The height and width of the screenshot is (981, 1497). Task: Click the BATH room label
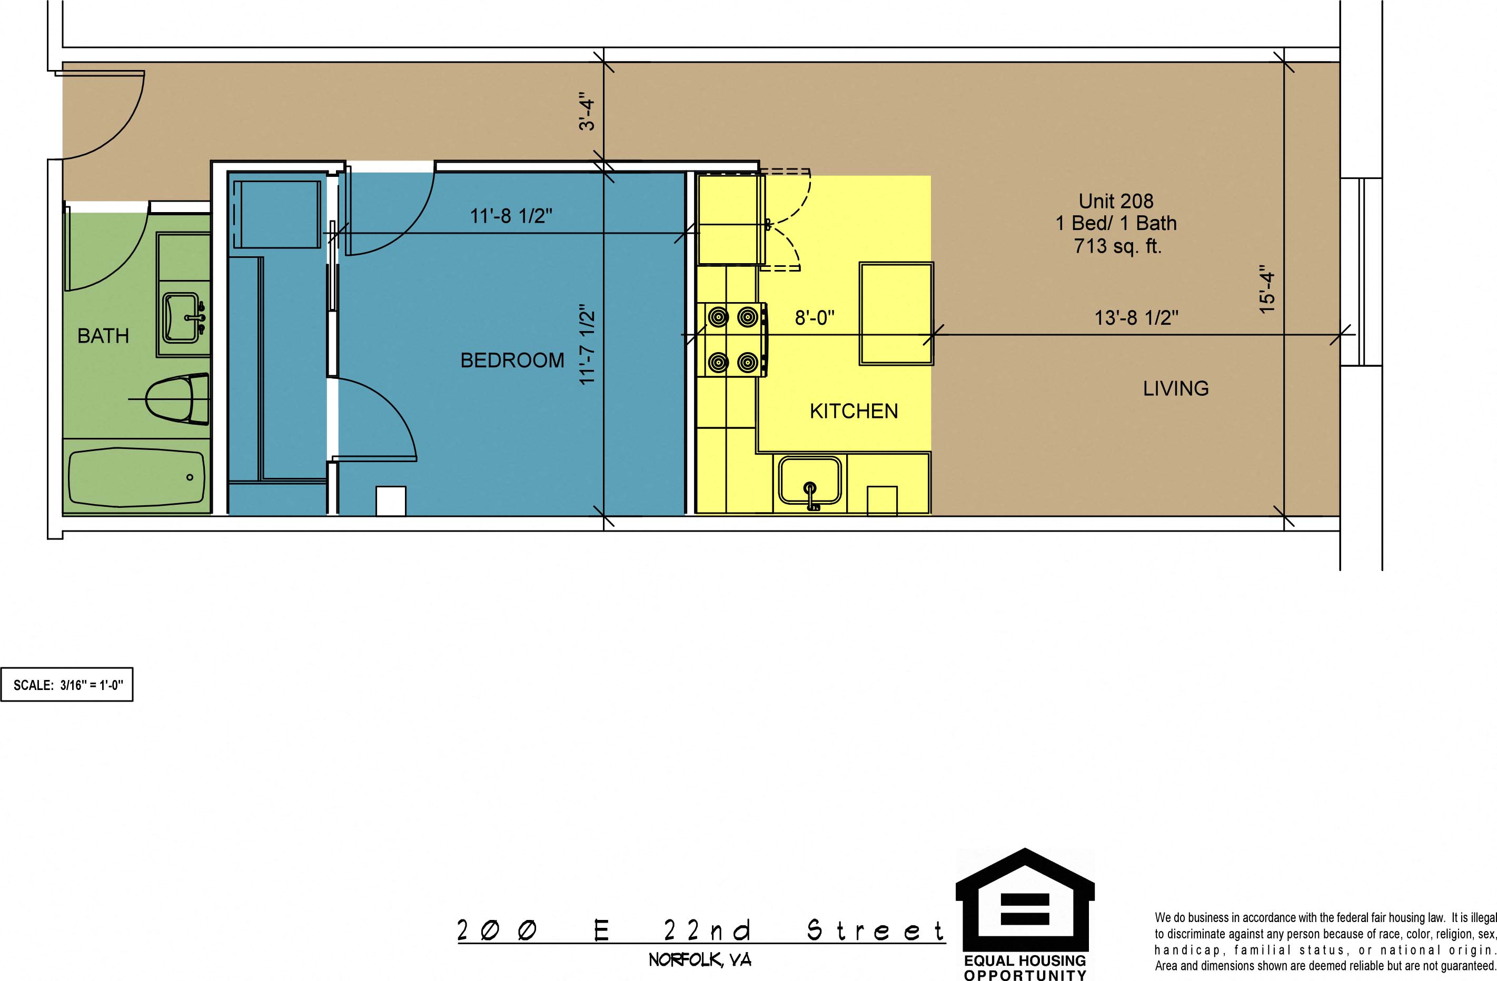pos(103,336)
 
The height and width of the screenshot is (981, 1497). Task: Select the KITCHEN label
pos(854,411)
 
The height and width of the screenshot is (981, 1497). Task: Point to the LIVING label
pos(1176,388)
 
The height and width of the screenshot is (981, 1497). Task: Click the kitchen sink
pos(810,481)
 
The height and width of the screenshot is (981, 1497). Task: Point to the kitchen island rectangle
pos(896,313)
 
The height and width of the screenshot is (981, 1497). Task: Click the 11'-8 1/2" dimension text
pos(511,216)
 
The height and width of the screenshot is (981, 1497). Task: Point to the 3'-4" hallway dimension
pos(586,114)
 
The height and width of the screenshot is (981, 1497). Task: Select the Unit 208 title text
pos(1116,201)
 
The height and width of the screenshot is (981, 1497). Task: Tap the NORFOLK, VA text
pos(700,960)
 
